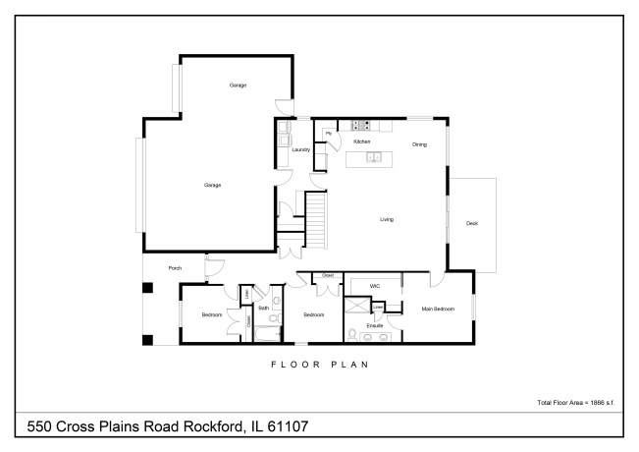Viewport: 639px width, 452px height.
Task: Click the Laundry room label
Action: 301,149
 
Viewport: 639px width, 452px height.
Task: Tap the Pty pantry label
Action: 328,134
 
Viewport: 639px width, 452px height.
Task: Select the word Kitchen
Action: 361,141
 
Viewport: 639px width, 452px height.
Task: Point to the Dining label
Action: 419,144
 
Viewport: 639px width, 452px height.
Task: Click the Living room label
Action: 387,219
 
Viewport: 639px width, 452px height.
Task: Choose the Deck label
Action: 471,224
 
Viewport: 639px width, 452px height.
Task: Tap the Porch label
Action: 175,267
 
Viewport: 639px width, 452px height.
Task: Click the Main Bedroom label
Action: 438,309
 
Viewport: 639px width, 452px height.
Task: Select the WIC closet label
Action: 374,287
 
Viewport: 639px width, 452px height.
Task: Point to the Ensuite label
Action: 374,324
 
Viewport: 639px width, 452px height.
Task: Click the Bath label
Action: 264,308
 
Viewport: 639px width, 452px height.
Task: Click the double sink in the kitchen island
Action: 374,156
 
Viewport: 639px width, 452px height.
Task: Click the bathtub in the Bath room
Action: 266,333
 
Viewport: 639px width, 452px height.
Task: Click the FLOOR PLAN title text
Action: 319,364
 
